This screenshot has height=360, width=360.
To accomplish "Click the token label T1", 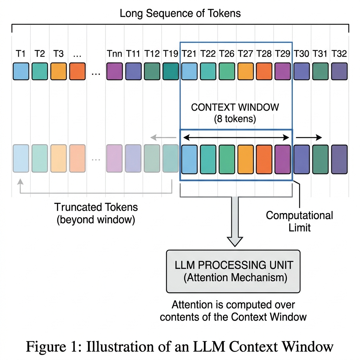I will tap(21, 54).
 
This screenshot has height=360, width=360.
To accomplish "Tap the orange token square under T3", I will tap(58, 71).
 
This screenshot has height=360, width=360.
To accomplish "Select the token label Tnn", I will tap(115, 54).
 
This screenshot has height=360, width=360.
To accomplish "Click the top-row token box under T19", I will tap(171, 71).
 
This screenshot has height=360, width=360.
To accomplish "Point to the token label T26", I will tap(227, 54).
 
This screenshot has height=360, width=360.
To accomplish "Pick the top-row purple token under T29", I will tap(283, 71).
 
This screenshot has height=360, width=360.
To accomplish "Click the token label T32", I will tap(339, 54).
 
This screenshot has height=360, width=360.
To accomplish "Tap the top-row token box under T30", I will tap(302, 71).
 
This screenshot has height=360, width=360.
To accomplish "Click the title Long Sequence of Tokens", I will tap(180, 14).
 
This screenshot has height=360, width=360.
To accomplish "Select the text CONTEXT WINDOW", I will tap(235, 107).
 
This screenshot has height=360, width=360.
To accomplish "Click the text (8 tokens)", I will tap(235, 119).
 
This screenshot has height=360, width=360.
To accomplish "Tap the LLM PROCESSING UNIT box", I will tap(233, 271).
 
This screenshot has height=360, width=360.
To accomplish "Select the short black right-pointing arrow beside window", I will tap(308, 138).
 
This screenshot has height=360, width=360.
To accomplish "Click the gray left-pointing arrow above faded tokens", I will tap(164, 138).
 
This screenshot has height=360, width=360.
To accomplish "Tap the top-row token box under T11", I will tap(133, 71).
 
